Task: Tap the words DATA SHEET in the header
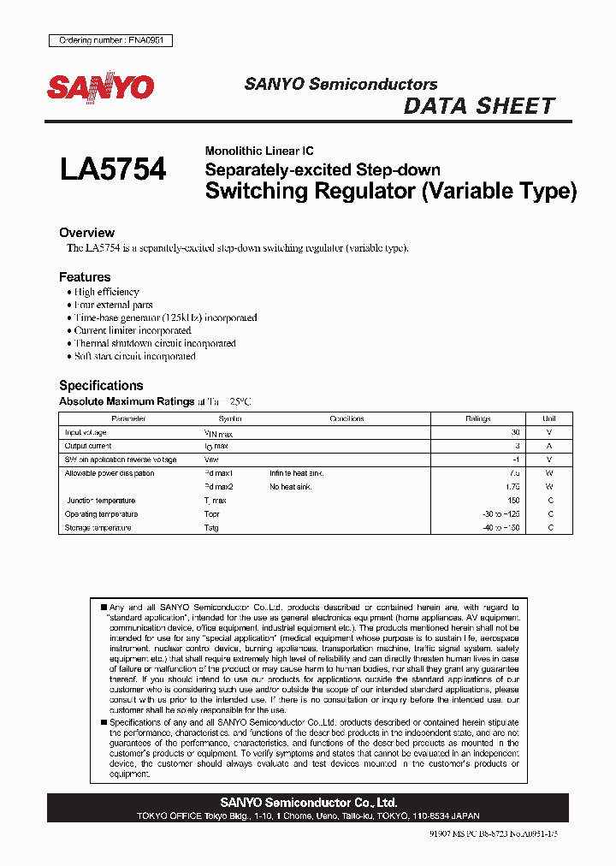479,106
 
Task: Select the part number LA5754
113,169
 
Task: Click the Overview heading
86,233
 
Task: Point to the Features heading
85,277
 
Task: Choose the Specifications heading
101,386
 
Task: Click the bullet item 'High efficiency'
106,292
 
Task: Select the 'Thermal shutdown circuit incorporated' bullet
155,343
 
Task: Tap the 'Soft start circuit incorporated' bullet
134,356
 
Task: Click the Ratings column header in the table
477,418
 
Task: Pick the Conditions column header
347,418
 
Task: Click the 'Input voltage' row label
86,433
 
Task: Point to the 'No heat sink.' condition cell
291,487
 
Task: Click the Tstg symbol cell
211,528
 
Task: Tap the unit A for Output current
549,447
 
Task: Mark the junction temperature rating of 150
513,501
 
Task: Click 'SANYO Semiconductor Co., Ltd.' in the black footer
308,803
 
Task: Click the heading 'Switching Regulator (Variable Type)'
391,191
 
